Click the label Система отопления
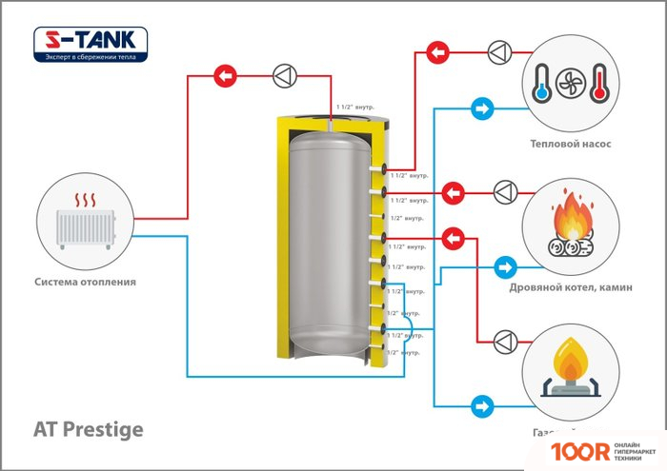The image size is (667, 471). (x=85, y=282)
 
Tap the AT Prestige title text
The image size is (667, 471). (x=89, y=429)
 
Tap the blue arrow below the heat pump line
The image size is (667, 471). (x=481, y=109)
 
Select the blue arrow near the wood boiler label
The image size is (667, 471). (x=505, y=265)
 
